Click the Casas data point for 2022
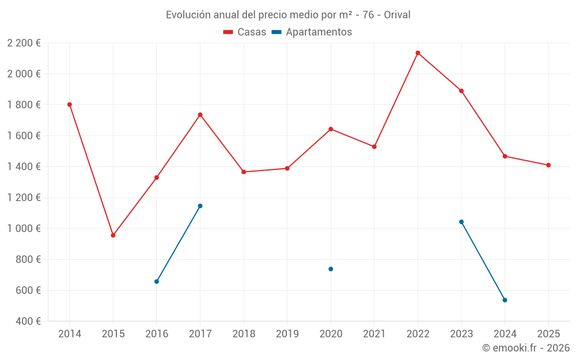coord(418,53)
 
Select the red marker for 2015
coord(113,235)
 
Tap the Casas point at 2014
coord(70,105)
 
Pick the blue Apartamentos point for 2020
coord(331,269)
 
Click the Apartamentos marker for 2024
coord(505,300)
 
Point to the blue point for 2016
coord(157,282)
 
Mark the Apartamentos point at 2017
coord(200,206)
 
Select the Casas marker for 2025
coord(548,165)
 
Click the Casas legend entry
coord(245,32)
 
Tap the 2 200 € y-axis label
coord(24,43)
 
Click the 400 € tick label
coord(28,321)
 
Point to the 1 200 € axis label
coord(24,198)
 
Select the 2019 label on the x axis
coord(287,334)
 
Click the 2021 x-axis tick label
coord(374,334)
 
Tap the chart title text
coord(288,15)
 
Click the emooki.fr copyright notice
coord(525,348)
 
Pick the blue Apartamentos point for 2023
coord(461,222)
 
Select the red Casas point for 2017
coord(200,115)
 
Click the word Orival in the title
coord(397,15)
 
